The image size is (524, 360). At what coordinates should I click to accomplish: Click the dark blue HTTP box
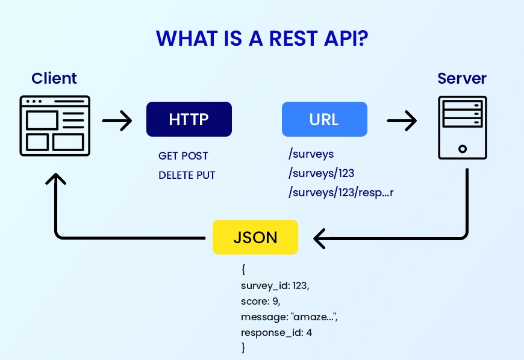(x=189, y=119)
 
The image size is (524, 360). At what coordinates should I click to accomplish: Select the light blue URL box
(x=324, y=119)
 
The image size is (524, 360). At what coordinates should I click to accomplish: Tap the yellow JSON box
(x=255, y=237)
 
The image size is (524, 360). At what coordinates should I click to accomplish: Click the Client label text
(x=54, y=78)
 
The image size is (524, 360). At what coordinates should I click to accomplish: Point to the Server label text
(x=462, y=78)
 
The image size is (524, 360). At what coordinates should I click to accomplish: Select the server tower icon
(x=462, y=128)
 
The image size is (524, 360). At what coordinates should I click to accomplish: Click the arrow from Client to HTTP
(x=117, y=121)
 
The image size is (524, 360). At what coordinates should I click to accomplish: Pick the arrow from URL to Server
(x=401, y=121)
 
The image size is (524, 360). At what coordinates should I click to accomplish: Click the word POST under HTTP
(x=196, y=156)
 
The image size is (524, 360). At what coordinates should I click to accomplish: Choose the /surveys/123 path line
(x=321, y=173)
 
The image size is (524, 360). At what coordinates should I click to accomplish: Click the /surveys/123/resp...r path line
(x=341, y=193)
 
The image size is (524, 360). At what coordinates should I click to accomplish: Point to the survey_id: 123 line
(x=275, y=286)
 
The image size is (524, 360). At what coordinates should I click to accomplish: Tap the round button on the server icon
(x=462, y=148)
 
